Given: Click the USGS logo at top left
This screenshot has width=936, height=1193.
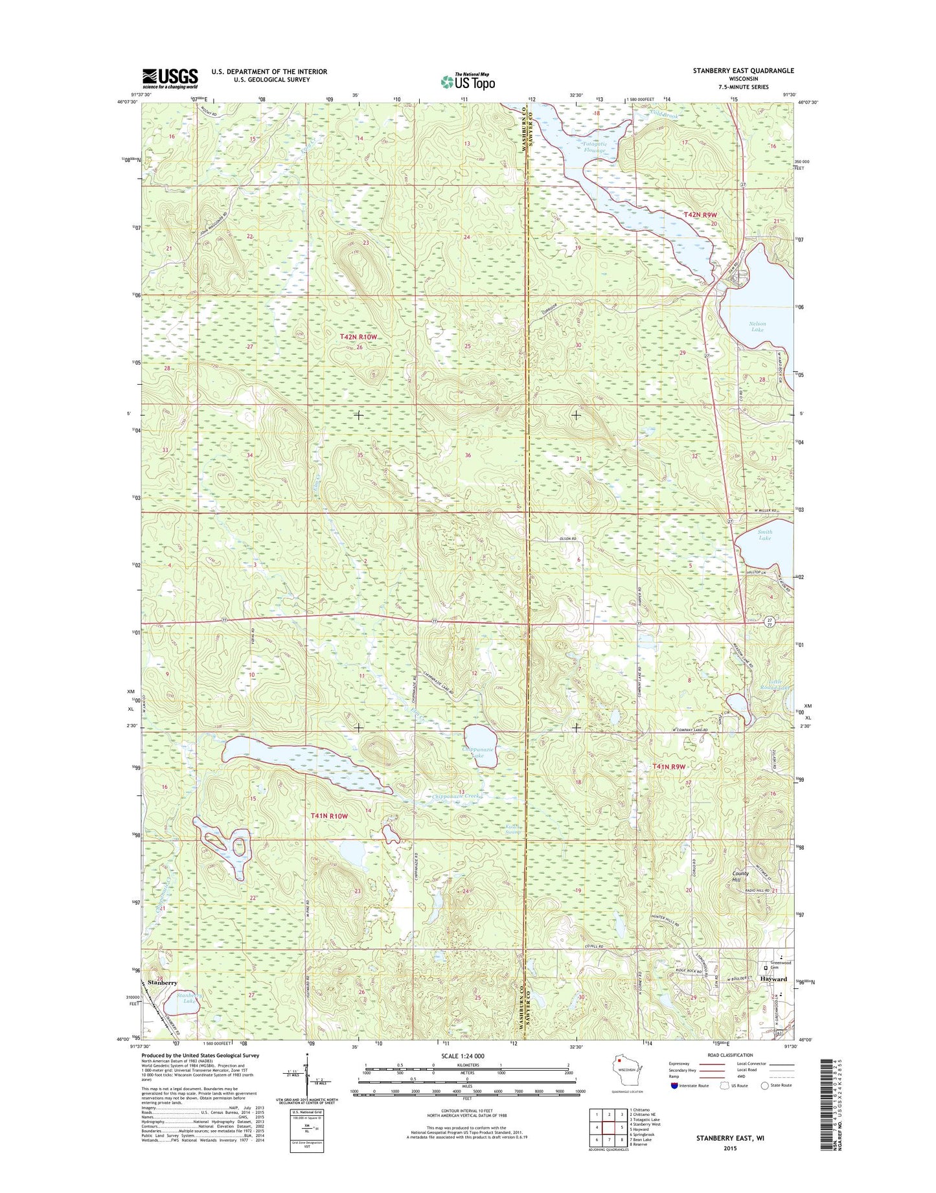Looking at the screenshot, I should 170,78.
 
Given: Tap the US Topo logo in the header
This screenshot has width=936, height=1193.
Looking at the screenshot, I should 468,81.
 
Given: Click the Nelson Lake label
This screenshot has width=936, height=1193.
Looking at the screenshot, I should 757,326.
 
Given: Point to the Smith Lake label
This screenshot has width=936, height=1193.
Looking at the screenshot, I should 764,535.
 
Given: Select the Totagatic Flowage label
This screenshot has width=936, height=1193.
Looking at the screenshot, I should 593,147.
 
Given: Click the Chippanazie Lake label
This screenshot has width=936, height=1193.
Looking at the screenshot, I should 478,752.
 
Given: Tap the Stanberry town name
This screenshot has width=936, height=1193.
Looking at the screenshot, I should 163,983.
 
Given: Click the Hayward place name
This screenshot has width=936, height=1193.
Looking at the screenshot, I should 773,979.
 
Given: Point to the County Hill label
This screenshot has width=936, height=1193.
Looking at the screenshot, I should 740,876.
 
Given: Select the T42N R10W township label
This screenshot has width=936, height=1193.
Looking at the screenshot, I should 358,337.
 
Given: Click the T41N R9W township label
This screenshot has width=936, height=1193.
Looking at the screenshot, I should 668,767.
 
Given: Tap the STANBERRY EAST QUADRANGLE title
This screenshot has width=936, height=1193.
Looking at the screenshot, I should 743,71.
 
